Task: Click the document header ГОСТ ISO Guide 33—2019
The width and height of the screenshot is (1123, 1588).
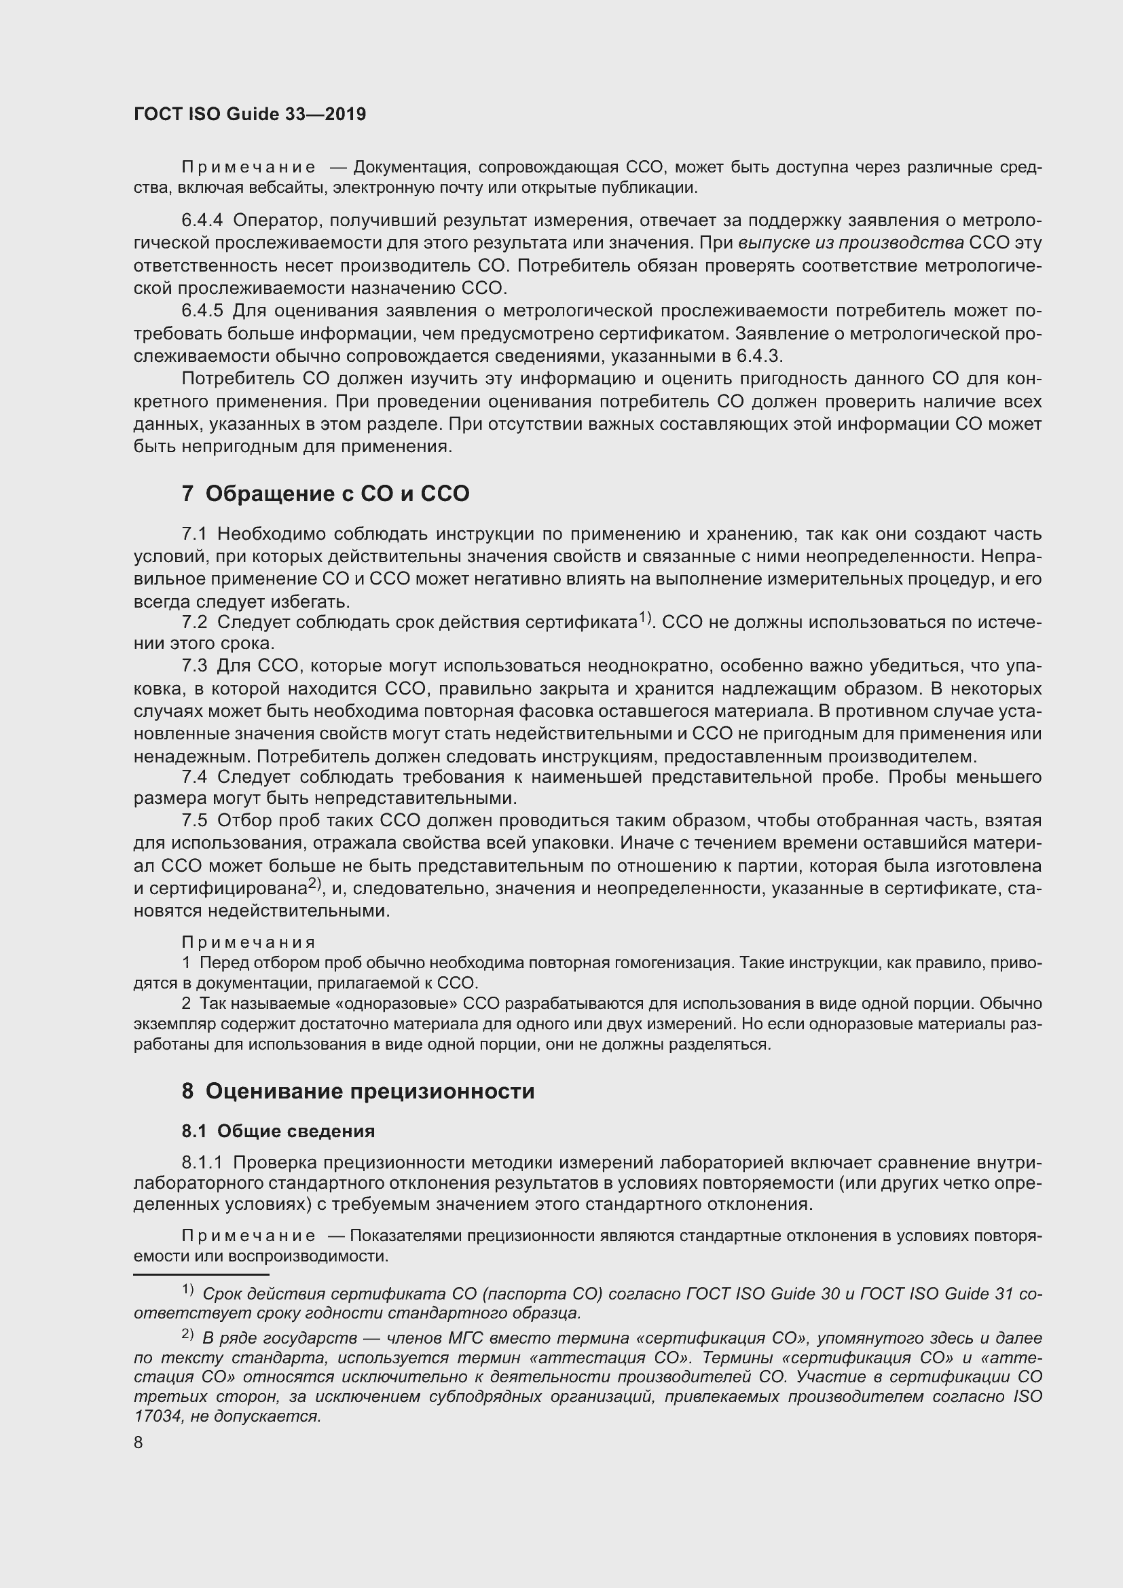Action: point(250,115)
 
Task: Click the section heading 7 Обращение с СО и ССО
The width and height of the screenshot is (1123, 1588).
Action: point(325,494)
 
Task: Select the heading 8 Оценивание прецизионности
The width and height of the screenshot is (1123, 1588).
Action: point(358,1092)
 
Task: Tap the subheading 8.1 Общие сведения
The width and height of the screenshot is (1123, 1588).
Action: point(278,1131)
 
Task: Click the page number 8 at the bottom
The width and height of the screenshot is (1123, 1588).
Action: point(139,1443)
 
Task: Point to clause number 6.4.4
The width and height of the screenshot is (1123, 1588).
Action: point(202,221)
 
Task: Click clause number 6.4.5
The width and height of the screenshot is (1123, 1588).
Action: point(202,311)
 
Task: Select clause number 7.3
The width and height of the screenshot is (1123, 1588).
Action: point(194,666)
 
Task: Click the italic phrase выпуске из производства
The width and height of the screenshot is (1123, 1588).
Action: point(851,244)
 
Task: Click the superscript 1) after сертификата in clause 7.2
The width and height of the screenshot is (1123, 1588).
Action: point(645,617)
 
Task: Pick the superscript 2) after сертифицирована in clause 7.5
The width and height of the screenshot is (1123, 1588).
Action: point(315,883)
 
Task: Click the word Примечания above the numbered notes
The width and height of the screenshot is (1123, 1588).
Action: point(248,942)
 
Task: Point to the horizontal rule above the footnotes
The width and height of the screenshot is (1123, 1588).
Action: point(200,1274)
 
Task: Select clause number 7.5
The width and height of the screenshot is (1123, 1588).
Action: point(194,821)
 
